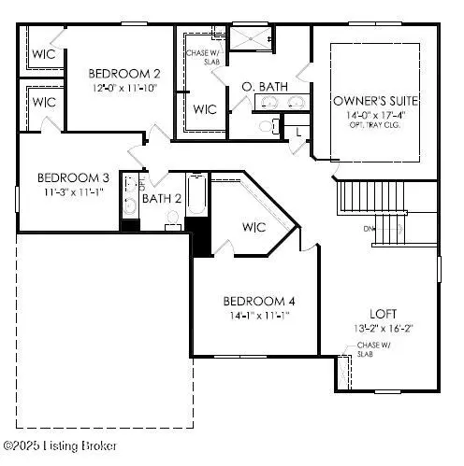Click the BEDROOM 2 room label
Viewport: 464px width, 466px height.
pyautogui.click(x=123, y=73)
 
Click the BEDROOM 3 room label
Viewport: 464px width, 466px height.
pyautogui.click(x=74, y=177)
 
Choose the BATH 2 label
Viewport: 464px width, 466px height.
pyautogui.click(x=163, y=198)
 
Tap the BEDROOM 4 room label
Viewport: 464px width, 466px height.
pyautogui.click(x=259, y=301)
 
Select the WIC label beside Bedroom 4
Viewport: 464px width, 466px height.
pyautogui.click(x=254, y=227)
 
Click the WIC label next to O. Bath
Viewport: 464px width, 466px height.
pyautogui.click(x=205, y=108)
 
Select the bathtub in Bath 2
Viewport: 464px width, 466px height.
pyautogui.click(x=197, y=198)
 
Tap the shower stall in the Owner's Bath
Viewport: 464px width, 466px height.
pyautogui.click(x=252, y=39)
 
